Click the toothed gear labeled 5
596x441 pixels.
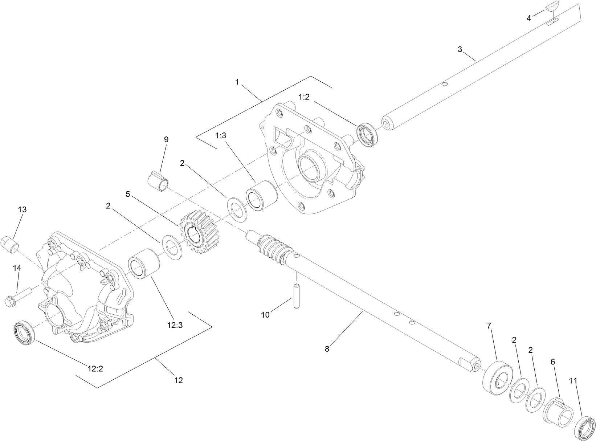click(199, 236)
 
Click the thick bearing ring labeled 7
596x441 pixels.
click(497, 377)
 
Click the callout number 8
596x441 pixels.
click(327, 349)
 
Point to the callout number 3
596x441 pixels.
click(460, 49)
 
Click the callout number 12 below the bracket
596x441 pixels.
click(178, 380)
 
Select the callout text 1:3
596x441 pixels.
click(221, 135)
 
